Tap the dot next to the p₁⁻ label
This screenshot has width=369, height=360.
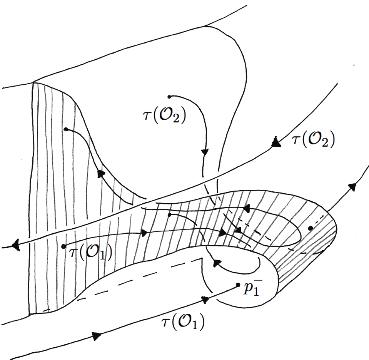[x=239, y=286]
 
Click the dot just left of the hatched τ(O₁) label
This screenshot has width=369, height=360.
[x=64, y=246]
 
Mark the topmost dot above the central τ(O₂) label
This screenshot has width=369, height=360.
[x=169, y=96]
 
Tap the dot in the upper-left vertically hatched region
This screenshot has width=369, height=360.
[x=66, y=129]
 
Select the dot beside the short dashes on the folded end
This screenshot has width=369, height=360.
[x=310, y=228]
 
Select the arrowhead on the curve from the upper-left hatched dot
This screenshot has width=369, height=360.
[x=101, y=174]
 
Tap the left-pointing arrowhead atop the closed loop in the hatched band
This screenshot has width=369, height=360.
[x=245, y=208]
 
